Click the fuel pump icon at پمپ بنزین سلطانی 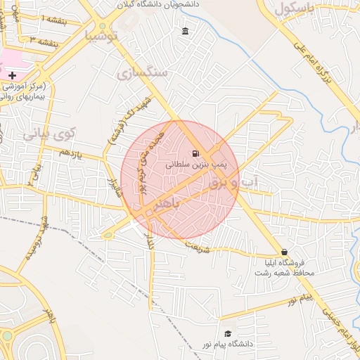195,153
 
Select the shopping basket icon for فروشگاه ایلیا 284,252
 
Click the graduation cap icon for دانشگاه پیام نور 227,333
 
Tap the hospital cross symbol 12,75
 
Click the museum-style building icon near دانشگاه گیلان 185,31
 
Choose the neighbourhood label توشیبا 101,35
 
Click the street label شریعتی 199,243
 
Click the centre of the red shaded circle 180,179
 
